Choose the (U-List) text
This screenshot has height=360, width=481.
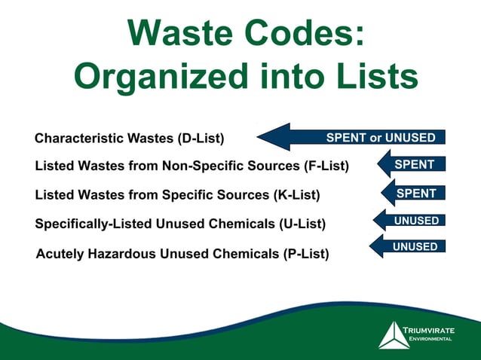(x=311, y=223)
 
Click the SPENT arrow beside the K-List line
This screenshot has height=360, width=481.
(x=411, y=194)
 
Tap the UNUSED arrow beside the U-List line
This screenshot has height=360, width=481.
(x=411, y=221)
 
